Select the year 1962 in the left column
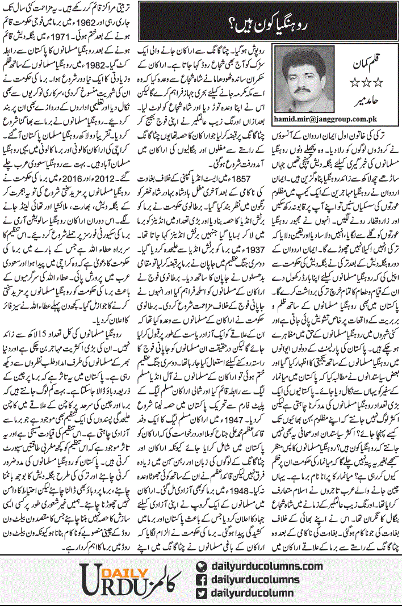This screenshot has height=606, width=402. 71,21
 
